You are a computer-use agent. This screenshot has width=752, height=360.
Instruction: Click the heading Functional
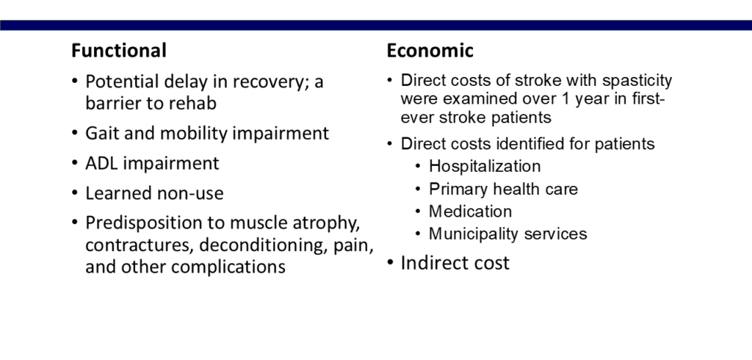pyautogui.click(x=118, y=51)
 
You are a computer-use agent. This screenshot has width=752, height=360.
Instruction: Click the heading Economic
pyautogui.click(x=430, y=51)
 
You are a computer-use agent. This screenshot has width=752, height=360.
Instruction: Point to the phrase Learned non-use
pyautogui.click(x=154, y=193)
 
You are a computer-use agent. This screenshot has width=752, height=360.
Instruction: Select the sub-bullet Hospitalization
pyautogui.click(x=485, y=167)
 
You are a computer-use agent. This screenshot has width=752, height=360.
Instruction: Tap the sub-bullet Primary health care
pyautogui.click(x=503, y=189)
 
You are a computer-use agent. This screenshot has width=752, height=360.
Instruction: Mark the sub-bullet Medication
pyautogui.click(x=470, y=212)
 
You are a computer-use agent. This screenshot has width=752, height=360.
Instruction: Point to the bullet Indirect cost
pyautogui.click(x=455, y=263)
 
